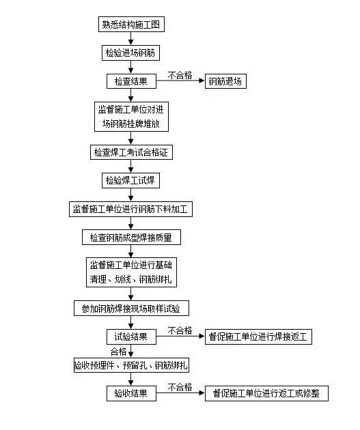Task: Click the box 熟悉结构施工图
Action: [131, 25]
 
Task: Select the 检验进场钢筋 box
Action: [130, 53]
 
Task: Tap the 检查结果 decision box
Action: [131, 81]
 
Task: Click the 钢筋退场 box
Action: [225, 81]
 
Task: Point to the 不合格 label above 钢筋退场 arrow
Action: [180, 75]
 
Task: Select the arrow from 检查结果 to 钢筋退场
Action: [180, 81]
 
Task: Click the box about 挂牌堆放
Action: [131, 117]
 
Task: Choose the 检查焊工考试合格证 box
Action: [131, 152]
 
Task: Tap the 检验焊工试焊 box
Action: [130, 180]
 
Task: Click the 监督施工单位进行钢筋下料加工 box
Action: [130, 210]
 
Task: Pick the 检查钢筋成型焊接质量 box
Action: [131, 238]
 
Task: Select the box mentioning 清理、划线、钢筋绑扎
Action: [131, 272]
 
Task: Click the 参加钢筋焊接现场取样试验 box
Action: [131, 309]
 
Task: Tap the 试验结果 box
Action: [131, 336]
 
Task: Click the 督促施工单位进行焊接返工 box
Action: [258, 336]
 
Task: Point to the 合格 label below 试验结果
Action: [118, 352]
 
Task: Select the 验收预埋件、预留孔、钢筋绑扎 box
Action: [131, 365]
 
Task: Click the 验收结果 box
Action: [131, 394]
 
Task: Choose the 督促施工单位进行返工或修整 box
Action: [266, 394]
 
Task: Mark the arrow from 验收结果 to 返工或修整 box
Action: [180, 393]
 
